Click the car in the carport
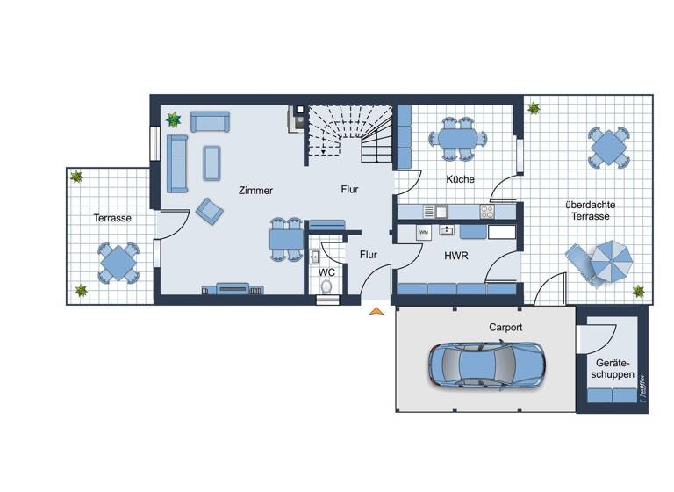pos(485,365)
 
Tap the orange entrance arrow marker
pos(376,310)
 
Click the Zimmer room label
pos(255,190)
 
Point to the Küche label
pos(460,179)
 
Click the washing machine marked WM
pos(424,232)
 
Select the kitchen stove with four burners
pos(486,211)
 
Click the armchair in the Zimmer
pos(210,210)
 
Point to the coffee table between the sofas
pos(212,161)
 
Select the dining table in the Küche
pos(456,138)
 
